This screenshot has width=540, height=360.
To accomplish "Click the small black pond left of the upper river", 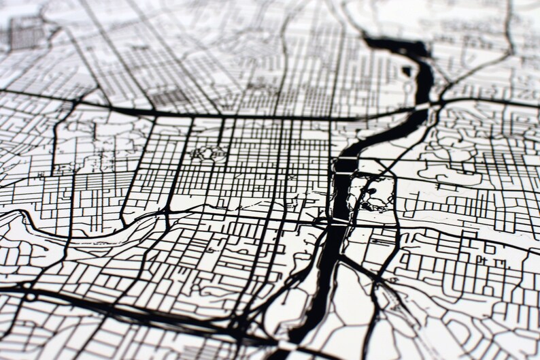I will (407, 70).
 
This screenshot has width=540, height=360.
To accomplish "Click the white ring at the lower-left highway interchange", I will (31, 297).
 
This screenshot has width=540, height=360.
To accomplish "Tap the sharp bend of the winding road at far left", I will (26, 216).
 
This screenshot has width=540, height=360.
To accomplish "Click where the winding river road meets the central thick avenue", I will (167, 216).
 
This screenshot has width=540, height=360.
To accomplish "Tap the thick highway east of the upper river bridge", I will (483, 102).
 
